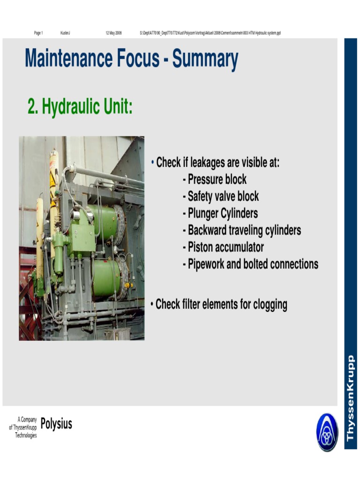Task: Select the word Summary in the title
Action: click(x=205, y=60)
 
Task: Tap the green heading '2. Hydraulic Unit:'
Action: click(x=80, y=107)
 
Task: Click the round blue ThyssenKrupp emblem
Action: click(x=327, y=432)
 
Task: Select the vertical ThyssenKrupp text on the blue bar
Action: click(x=350, y=398)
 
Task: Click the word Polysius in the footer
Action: click(x=56, y=424)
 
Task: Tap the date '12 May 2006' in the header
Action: click(x=113, y=33)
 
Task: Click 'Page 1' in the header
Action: click(x=38, y=33)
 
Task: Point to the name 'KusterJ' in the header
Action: click(x=65, y=33)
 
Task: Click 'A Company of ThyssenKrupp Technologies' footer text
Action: click(x=23, y=427)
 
